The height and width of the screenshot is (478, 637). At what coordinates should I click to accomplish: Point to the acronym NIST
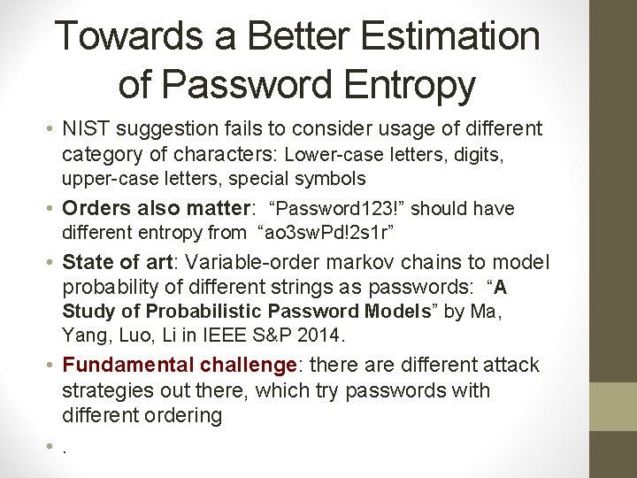tap(88, 129)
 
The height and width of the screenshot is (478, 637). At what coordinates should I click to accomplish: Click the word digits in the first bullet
tap(478, 156)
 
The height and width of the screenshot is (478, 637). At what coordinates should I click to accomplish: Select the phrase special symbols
tap(313, 179)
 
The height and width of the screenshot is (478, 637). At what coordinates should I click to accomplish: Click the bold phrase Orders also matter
tap(157, 209)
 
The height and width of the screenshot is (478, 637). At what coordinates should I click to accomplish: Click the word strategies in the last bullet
tap(111, 390)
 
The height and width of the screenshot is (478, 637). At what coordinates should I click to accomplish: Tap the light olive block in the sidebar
tap(613, 406)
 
